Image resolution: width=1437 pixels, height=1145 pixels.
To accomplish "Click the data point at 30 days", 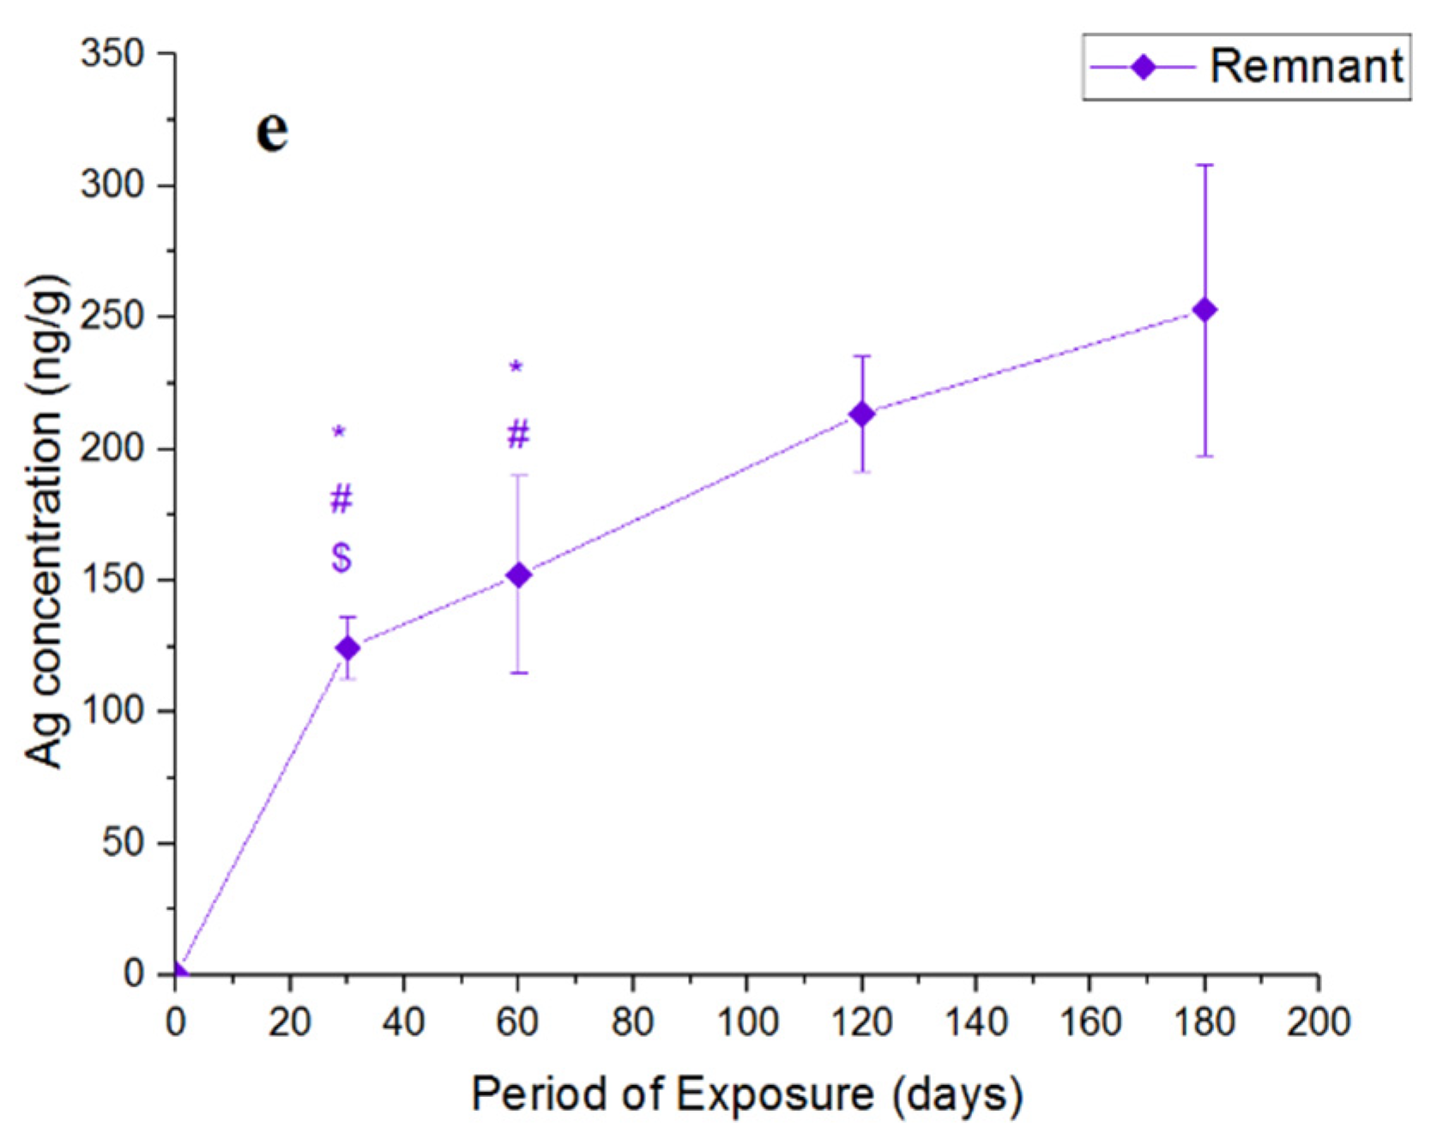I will click(347, 648).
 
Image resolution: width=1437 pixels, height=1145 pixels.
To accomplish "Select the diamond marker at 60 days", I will click(518, 575).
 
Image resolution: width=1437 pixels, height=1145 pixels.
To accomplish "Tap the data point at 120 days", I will click(861, 414).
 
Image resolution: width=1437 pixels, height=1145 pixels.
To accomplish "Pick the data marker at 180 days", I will click(1205, 310).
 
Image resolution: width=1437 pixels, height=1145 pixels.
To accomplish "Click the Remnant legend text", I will click(1306, 66).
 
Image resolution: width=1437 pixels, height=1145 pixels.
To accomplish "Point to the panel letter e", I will click(272, 130).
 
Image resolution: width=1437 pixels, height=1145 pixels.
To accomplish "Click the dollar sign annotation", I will click(341, 557).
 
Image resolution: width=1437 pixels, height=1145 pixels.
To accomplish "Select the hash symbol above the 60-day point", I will click(518, 435).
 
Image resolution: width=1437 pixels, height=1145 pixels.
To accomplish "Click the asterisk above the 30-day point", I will click(340, 432).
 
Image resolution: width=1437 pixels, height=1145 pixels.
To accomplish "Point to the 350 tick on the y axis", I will click(112, 54).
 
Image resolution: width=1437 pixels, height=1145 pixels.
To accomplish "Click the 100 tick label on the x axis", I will click(746, 1021).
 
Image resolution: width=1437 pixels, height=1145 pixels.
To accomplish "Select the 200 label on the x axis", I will click(1318, 1021).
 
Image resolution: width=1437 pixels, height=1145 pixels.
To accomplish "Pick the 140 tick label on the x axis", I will click(975, 1021).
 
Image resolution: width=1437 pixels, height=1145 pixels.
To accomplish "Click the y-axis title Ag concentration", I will click(45, 521).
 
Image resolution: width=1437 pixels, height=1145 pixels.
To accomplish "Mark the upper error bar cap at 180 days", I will click(1205, 165).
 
